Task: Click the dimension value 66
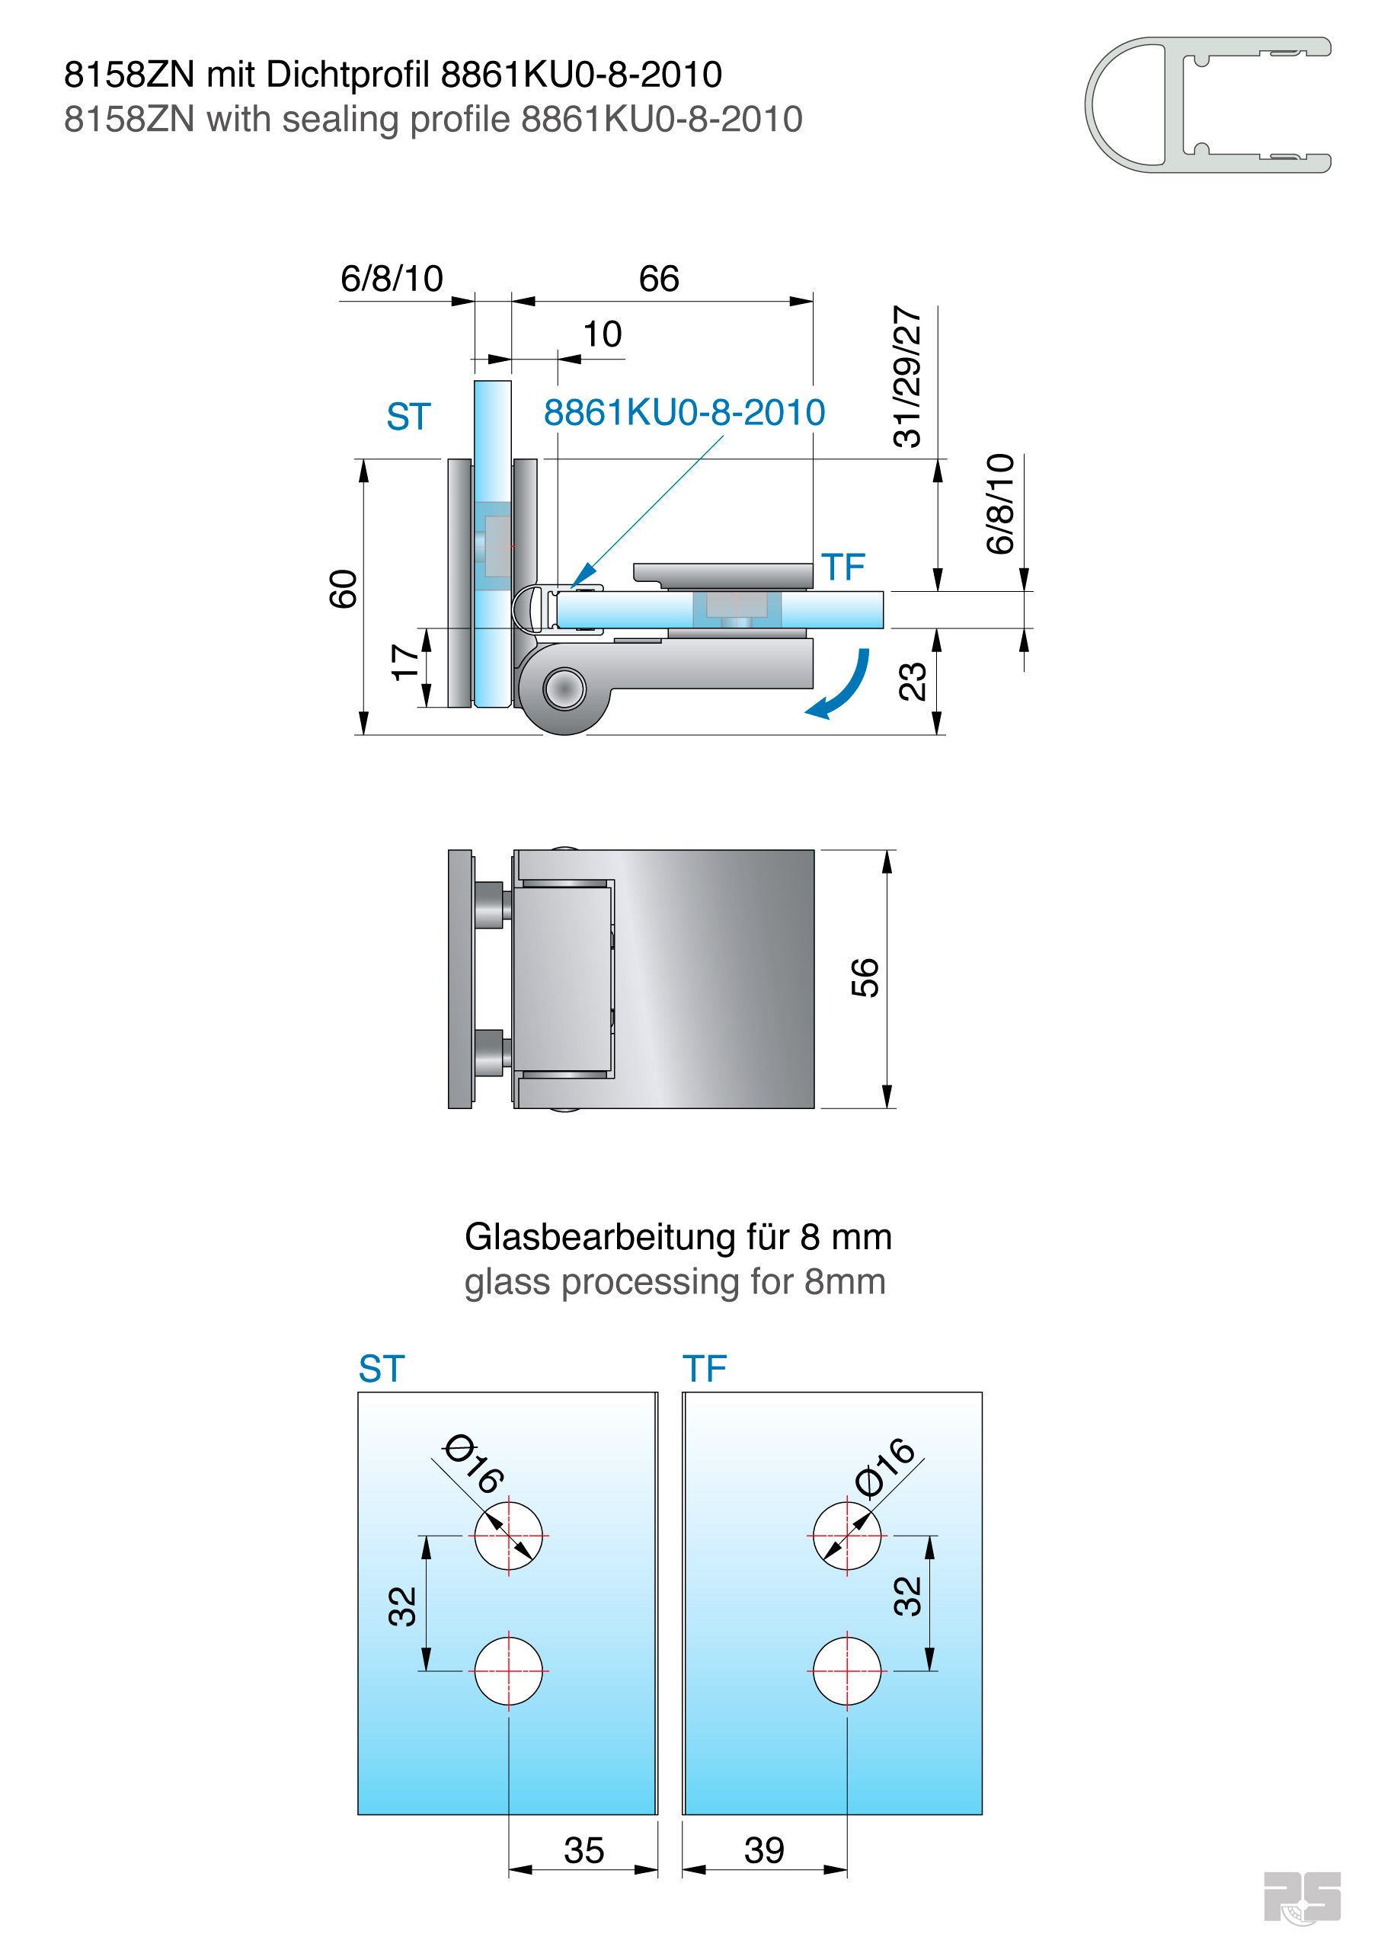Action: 658,279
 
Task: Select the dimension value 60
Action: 344,589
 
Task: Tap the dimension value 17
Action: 405,662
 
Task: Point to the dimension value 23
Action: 912,681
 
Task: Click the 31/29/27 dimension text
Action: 906,376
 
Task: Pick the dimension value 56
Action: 865,977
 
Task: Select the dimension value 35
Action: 583,1849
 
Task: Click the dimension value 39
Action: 764,1849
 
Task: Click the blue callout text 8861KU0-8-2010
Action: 684,413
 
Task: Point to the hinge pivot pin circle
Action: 564,688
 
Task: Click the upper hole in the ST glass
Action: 508,1536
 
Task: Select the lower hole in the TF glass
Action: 846,1670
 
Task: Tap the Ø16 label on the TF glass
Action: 885,1467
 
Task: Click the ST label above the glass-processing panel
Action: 382,1369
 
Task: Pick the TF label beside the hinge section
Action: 842,567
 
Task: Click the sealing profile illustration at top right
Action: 1207,104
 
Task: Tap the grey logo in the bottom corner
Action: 1301,1897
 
